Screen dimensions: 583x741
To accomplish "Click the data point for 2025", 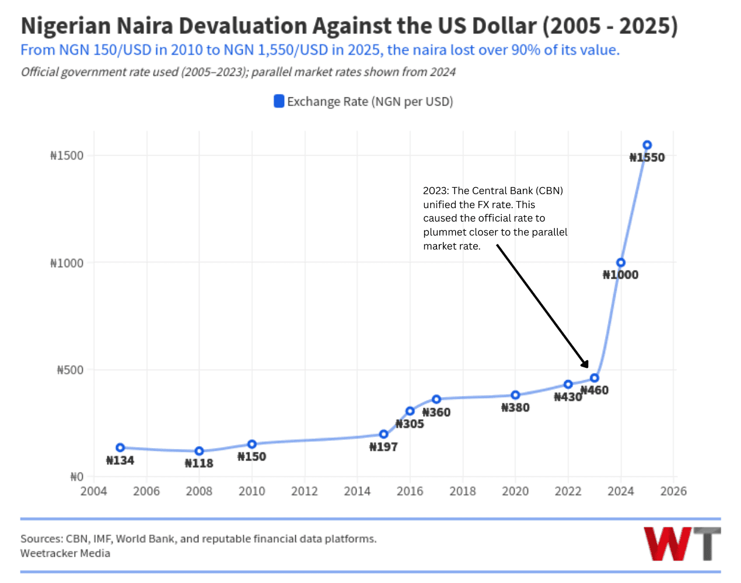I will click(x=647, y=145).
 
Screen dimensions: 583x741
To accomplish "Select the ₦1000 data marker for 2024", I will click(x=621, y=263).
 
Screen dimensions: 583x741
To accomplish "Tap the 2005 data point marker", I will click(x=120, y=448).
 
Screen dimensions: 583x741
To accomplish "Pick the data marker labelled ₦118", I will click(x=199, y=451).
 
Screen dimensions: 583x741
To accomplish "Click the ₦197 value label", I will click(x=383, y=447).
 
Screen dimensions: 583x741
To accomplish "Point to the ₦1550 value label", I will click(x=647, y=157).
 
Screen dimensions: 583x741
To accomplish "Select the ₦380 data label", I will click(x=515, y=408).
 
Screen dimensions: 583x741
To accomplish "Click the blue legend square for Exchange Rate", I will click(x=279, y=101).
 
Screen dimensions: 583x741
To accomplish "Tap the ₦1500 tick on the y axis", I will click(x=67, y=156).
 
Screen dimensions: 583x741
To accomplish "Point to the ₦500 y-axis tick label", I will click(x=70, y=370).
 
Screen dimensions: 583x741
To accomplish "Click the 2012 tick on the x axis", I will click(x=305, y=491).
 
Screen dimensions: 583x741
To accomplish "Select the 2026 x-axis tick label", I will click(x=673, y=491).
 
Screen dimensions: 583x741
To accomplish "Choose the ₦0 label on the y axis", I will click(x=77, y=477).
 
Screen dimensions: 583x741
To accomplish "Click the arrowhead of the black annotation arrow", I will click(x=585, y=364).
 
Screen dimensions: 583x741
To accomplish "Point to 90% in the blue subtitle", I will click(x=525, y=50).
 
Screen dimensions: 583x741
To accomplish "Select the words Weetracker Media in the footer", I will click(x=65, y=553).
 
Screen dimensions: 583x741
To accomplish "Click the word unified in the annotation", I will click(x=441, y=205).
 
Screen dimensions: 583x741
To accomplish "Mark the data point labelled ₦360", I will click(x=436, y=399).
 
